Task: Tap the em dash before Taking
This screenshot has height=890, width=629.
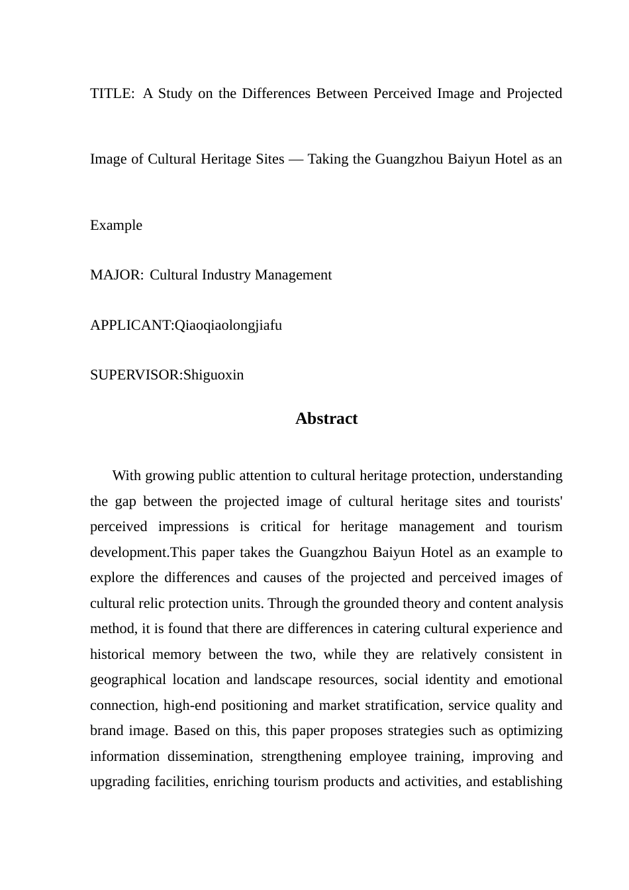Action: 296,159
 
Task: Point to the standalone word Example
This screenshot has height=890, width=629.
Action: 116,225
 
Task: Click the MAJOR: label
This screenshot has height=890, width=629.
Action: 117,275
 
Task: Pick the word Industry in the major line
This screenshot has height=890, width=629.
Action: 226,275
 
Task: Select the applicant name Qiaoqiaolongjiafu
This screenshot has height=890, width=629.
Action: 228,325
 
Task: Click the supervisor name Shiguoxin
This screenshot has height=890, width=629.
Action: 213,375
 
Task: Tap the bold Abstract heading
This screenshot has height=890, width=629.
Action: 326,419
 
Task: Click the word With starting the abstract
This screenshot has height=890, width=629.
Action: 126,475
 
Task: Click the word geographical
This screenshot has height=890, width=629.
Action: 127,679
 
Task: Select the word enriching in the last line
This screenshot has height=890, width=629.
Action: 241,781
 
